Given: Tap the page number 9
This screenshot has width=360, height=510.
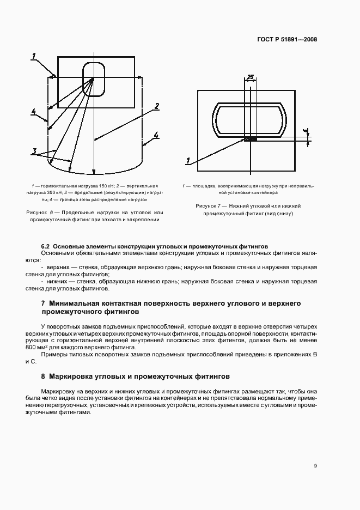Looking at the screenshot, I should (x=315, y=465).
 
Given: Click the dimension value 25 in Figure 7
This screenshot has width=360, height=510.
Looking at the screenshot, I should (x=250, y=77).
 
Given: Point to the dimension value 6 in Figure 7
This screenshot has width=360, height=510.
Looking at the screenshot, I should (x=305, y=131).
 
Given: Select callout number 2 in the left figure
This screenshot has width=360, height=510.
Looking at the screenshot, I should (x=156, y=106).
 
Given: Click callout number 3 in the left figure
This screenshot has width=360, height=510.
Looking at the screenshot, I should (x=34, y=151).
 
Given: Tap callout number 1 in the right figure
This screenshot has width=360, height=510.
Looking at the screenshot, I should (x=188, y=161).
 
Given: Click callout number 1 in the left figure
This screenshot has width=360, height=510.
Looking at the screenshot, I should (x=34, y=55).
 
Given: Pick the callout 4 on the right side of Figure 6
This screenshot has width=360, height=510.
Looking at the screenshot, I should (x=156, y=135).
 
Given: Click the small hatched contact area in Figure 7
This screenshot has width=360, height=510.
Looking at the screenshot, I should (x=251, y=139).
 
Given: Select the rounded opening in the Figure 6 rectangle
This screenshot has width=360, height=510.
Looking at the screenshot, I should (x=94, y=80).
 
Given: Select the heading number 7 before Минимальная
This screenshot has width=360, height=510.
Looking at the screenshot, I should (x=43, y=303).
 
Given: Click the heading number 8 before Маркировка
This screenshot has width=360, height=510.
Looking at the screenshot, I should (x=43, y=377).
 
